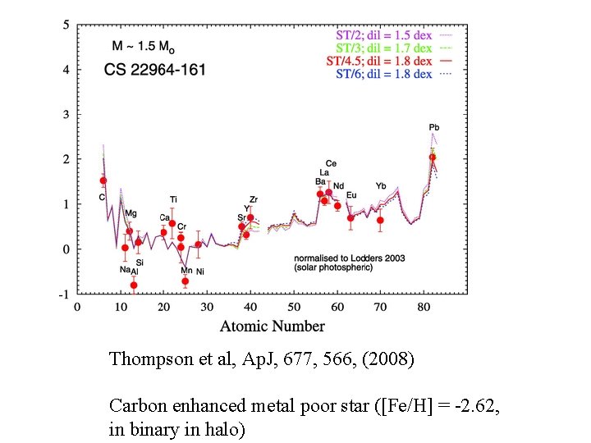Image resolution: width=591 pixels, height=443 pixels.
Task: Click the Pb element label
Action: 433,127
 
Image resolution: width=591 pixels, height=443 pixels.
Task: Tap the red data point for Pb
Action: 433,157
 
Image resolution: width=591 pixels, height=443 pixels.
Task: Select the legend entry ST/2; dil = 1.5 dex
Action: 384,35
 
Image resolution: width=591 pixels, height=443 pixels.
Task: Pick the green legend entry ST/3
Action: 384,48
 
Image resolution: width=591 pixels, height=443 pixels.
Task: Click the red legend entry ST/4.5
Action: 379,62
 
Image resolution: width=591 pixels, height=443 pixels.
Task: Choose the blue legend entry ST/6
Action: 384,74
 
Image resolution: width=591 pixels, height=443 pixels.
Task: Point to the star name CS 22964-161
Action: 154,70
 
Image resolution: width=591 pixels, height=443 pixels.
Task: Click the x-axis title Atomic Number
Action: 272,326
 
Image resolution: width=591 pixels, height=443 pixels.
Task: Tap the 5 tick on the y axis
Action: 66,25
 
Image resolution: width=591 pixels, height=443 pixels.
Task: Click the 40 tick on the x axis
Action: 250,306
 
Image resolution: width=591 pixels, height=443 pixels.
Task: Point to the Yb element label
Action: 382,186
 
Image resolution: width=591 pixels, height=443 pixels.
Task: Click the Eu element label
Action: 351,195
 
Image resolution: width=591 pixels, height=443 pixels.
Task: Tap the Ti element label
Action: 173,199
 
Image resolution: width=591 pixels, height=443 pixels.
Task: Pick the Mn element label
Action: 186,271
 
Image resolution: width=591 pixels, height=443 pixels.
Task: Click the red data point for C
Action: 103,180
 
